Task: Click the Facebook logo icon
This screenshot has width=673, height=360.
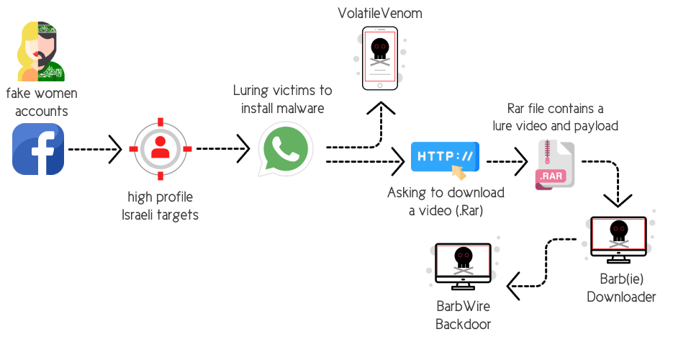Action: pyautogui.click(x=38, y=149)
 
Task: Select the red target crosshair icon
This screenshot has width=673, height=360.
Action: pyautogui.click(x=161, y=149)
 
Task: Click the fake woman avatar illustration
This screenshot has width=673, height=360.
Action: pyautogui.click(x=42, y=52)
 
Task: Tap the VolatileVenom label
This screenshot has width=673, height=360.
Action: pyautogui.click(x=380, y=12)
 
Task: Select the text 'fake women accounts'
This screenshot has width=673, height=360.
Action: pyautogui.click(x=42, y=102)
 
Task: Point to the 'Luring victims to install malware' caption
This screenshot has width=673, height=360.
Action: pyautogui.click(x=282, y=99)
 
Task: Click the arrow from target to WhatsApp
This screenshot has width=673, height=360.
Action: pyautogui.click(x=222, y=149)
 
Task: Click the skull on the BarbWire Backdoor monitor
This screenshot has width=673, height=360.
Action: pyautogui.click(x=463, y=258)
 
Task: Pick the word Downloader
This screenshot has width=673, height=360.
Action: pyautogui.click(x=621, y=297)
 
